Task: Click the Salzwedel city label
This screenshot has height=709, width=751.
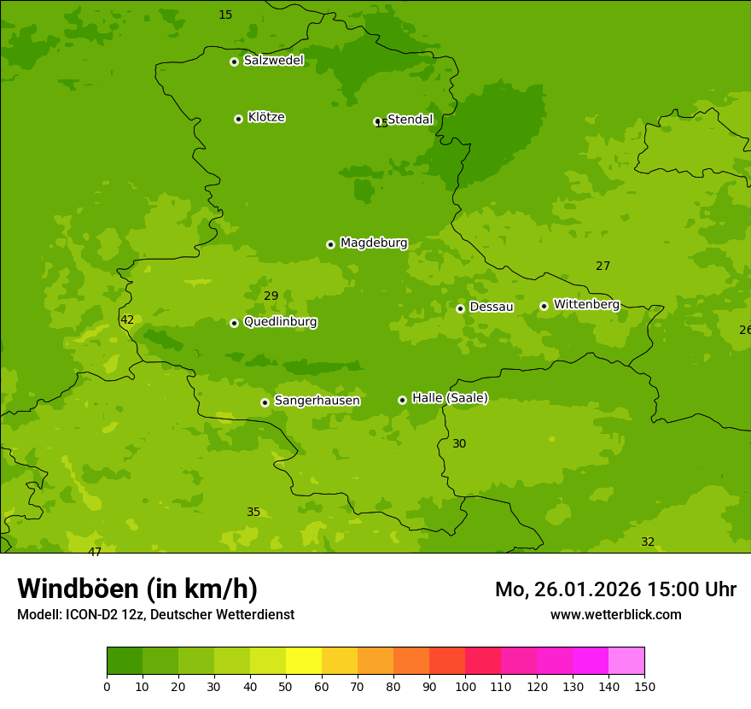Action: pyautogui.click(x=273, y=61)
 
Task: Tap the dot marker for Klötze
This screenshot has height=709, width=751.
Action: pyautogui.click(x=238, y=119)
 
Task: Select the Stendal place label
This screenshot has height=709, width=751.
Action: pyautogui.click(x=410, y=120)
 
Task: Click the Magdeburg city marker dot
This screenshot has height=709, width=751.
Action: pyautogui.click(x=330, y=244)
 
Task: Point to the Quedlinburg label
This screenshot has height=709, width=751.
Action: pyautogui.click(x=280, y=322)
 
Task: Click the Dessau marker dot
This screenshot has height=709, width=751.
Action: pyautogui.click(x=460, y=308)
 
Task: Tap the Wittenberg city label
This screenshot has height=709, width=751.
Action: pyautogui.click(x=586, y=304)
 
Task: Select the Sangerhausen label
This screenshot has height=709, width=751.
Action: pyautogui.click(x=317, y=401)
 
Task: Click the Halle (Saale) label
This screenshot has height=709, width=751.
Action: pyautogui.click(x=450, y=398)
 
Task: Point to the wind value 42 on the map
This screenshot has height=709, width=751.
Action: pyautogui.click(x=127, y=320)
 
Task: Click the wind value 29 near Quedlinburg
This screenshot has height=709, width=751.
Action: pyautogui.click(x=271, y=296)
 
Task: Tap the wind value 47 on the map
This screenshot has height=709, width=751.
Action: pyautogui.click(x=95, y=552)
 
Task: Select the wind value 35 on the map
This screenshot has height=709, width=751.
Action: pyautogui.click(x=253, y=513)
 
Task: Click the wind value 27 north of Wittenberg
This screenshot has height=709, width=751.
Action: pyautogui.click(x=603, y=267)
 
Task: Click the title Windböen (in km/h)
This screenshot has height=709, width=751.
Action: pyautogui.click(x=137, y=589)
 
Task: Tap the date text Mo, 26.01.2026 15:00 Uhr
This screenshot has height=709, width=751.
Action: pyautogui.click(x=615, y=589)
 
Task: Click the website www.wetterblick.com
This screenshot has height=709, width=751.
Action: pyautogui.click(x=615, y=615)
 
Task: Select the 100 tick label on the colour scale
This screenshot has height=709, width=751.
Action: pyautogui.click(x=465, y=686)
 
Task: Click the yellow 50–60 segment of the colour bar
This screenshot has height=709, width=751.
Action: pyautogui.click(x=304, y=661)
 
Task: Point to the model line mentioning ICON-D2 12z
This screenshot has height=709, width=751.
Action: pyautogui.click(x=155, y=615)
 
